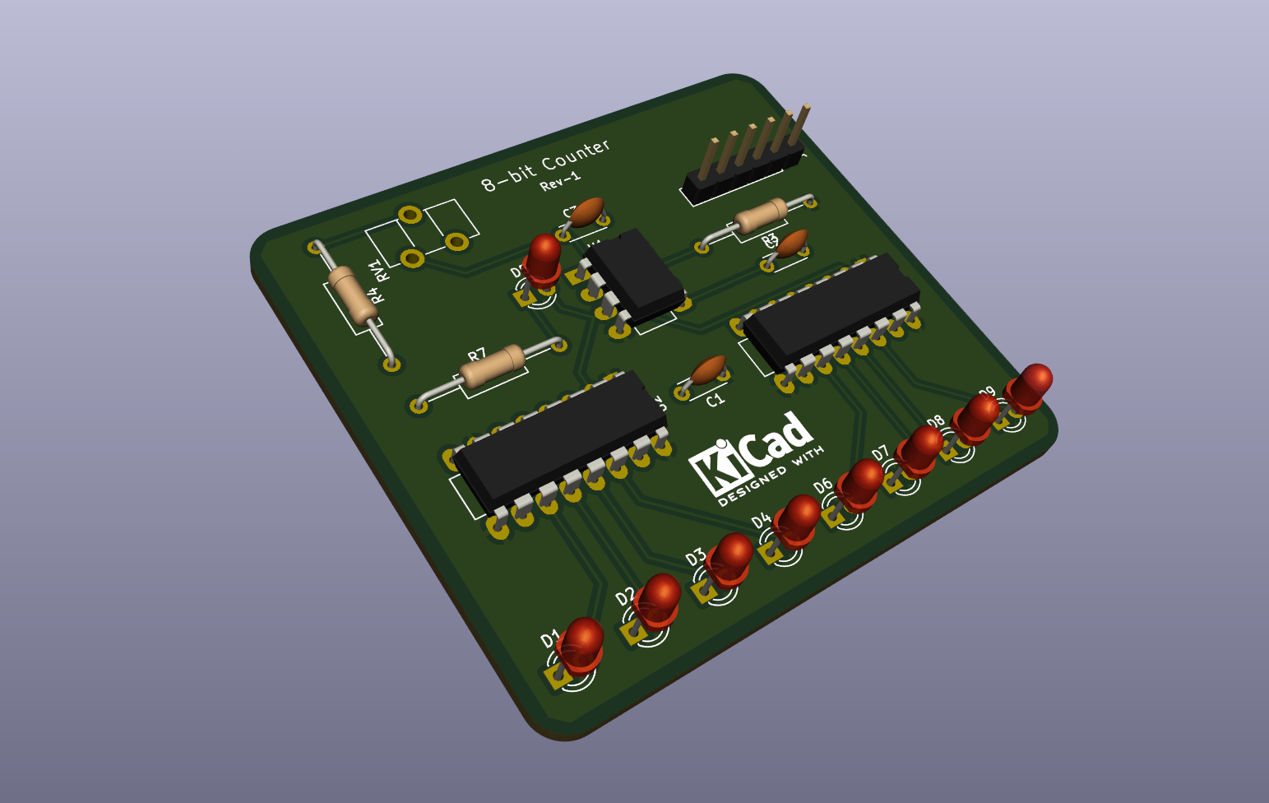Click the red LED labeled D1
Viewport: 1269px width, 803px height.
click(x=582, y=643)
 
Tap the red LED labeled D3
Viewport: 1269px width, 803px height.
click(x=730, y=558)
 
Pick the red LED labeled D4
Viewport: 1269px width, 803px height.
click(x=797, y=519)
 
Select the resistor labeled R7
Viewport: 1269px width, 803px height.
click(x=492, y=368)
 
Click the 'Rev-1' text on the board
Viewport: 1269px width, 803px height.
click(x=560, y=181)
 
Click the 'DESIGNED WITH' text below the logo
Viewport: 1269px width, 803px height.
click(x=771, y=476)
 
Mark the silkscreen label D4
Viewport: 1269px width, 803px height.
click(x=761, y=520)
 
